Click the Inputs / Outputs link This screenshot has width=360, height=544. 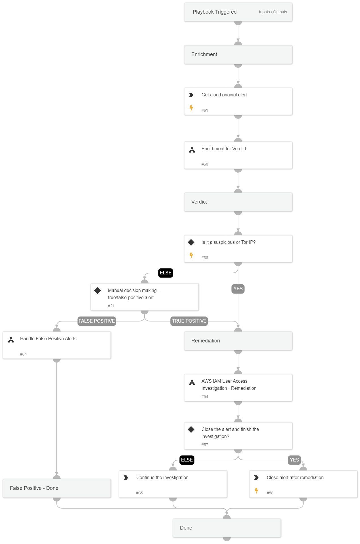pos(273,12)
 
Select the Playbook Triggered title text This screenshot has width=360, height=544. pos(214,12)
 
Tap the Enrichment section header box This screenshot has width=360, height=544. pos(238,54)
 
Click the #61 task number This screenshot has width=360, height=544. pos(205,110)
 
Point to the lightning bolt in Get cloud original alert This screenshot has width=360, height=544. pos(191,108)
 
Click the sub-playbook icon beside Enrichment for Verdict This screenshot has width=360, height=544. pos(192,150)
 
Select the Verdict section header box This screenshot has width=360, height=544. pos(238,202)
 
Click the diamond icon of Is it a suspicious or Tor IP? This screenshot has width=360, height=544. pos(191,242)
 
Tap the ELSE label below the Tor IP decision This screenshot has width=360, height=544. pos(166,273)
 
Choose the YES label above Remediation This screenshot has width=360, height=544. pos(238,289)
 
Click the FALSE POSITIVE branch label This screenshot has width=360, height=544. pos(97,321)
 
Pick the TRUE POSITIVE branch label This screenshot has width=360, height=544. pos(189,321)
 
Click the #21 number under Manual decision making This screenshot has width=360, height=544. pos(111,306)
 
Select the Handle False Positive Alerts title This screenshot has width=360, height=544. pos(48,338)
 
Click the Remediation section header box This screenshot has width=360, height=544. pos(238,341)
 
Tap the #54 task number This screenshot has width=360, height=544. pos(205,397)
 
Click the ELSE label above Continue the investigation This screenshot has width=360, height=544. pos(187,460)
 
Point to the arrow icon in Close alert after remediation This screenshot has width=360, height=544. pos(256,478)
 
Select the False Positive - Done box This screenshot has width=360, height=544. pos(57,488)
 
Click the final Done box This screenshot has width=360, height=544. pos(227,528)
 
